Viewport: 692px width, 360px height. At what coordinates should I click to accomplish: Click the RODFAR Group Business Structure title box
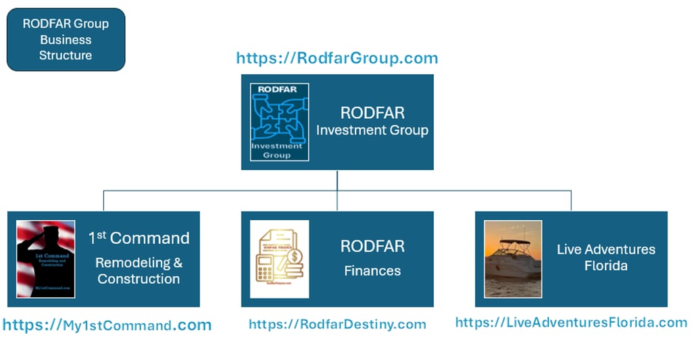(66, 39)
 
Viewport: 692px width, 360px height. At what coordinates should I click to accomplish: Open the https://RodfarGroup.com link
(337, 58)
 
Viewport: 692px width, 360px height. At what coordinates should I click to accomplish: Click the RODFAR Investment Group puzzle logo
(279, 122)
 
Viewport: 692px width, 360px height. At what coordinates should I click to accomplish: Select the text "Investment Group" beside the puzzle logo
(372, 130)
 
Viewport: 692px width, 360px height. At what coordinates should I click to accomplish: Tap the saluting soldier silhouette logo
(45, 259)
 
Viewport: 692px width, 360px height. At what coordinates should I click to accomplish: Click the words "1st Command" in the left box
(139, 238)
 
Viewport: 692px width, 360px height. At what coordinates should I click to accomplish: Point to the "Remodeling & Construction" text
(139, 270)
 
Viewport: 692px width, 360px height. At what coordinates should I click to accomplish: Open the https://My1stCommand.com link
(107, 325)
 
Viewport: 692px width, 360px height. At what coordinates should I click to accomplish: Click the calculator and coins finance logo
(279, 259)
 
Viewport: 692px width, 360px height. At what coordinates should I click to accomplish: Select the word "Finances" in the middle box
(372, 271)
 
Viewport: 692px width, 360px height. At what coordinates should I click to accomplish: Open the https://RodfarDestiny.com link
(337, 324)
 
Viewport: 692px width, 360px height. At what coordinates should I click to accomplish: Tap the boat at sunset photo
(513, 259)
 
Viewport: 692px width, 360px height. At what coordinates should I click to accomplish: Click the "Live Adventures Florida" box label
(605, 257)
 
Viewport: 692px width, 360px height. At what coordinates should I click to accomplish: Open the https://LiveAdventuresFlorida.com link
(571, 322)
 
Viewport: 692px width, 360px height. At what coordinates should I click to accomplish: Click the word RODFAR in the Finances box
(372, 247)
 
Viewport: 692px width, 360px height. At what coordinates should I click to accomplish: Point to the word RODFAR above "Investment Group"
(372, 111)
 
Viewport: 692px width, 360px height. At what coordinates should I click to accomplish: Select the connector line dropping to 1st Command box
(103, 201)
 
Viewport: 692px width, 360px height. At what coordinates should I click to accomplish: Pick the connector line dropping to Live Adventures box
(571, 201)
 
